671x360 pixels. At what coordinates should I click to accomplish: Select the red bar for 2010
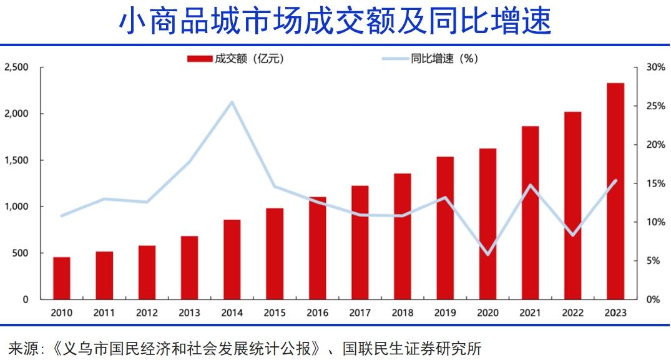pyautogui.click(x=62, y=278)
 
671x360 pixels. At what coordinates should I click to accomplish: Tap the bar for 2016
pyautogui.click(x=318, y=248)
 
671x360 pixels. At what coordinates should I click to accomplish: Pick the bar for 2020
pyautogui.click(x=488, y=224)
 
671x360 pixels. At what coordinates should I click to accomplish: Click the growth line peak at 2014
pyautogui.click(x=232, y=102)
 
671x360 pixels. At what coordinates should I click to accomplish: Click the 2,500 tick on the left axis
pyautogui.click(x=16, y=67)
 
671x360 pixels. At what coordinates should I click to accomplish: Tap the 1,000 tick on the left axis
pyautogui.click(x=16, y=207)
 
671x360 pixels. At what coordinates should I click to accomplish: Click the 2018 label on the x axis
pyautogui.click(x=403, y=313)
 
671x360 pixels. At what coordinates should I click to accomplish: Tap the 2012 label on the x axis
pyautogui.click(x=147, y=313)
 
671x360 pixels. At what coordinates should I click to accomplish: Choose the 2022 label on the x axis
pyautogui.click(x=573, y=313)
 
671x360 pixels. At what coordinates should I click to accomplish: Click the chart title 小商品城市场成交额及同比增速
pyautogui.click(x=335, y=21)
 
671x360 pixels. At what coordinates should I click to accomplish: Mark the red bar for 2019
pyautogui.click(x=445, y=228)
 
